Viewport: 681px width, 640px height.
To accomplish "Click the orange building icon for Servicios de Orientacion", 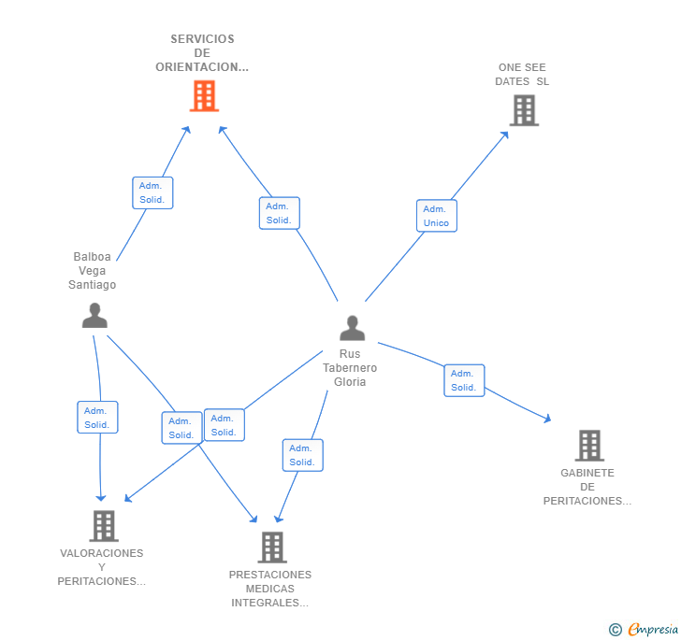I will [204, 95].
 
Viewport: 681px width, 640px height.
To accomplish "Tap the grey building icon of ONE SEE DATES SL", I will [524, 110].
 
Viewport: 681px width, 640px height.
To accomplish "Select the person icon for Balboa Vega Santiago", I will [94, 316].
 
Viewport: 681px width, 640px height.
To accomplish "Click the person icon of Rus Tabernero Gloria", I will [352, 328].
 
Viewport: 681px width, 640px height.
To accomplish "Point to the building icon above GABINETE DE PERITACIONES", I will [588, 446].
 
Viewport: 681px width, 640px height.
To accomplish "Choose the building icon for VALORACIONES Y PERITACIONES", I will [104, 526].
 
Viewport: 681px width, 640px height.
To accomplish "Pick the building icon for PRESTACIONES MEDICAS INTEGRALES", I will [271, 548].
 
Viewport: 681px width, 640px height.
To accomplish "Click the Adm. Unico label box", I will [436, 216].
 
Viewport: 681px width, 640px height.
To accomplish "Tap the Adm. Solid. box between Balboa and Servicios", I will [152, 192].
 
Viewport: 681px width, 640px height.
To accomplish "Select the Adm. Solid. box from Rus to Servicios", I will [279, 213].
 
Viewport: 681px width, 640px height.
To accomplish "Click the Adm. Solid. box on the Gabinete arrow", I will [464, 380].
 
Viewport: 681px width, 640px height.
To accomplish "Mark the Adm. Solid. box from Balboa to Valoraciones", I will [97, 418].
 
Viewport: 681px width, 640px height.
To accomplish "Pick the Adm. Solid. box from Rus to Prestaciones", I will [302, 455].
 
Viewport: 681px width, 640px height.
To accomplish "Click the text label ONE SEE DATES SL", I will [522, 75].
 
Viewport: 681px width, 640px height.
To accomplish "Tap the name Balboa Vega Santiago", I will [93, 271].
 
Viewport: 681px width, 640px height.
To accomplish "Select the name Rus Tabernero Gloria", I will [350, 368].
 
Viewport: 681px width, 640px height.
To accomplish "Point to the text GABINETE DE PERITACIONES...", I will [587, 487].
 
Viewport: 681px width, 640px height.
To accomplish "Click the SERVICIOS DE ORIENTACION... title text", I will [202, 53].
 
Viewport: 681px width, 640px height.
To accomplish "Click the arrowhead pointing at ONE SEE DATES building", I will [505, 134].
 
